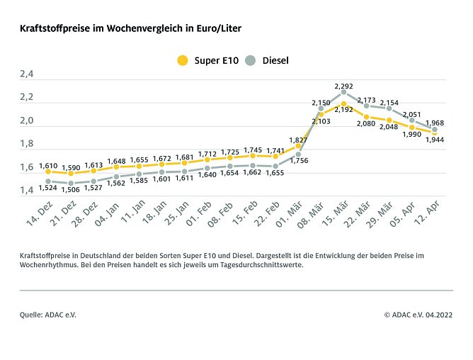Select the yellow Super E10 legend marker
point(183,60)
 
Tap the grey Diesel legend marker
point(250,60)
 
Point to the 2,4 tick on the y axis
point(27,74)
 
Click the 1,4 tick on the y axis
point(27,190)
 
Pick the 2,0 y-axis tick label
point(27,120)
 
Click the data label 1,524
point(48,189)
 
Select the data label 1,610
point(48,164)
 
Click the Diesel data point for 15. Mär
point(343,92)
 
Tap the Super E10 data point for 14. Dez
point(48,171)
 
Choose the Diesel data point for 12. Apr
point(434,129)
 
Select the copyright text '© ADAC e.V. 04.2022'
point(418,313)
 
